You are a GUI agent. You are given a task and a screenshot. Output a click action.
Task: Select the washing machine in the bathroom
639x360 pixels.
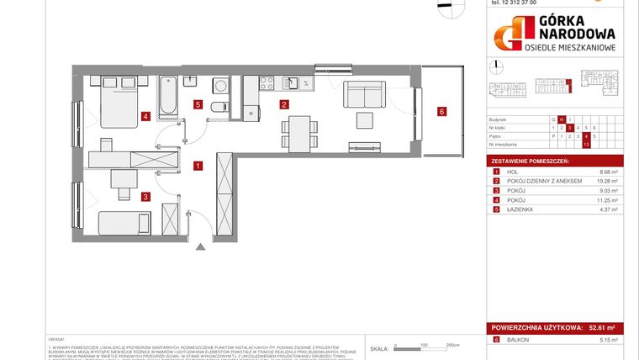(222, 85)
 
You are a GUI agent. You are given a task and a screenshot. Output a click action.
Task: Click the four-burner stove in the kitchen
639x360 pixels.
(267, 82)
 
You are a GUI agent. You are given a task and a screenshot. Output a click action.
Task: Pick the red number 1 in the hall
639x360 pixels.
(197, 166)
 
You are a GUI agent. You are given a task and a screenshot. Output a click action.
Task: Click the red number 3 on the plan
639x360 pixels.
(145, 197)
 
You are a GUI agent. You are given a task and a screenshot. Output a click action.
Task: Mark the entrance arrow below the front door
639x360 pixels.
(200, 246)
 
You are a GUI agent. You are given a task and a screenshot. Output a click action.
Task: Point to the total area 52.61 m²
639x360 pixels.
(603, 328)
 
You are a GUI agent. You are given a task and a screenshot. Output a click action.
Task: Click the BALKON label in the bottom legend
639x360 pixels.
(516, 340)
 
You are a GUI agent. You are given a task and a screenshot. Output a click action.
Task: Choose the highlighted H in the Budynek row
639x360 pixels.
(562, 119)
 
